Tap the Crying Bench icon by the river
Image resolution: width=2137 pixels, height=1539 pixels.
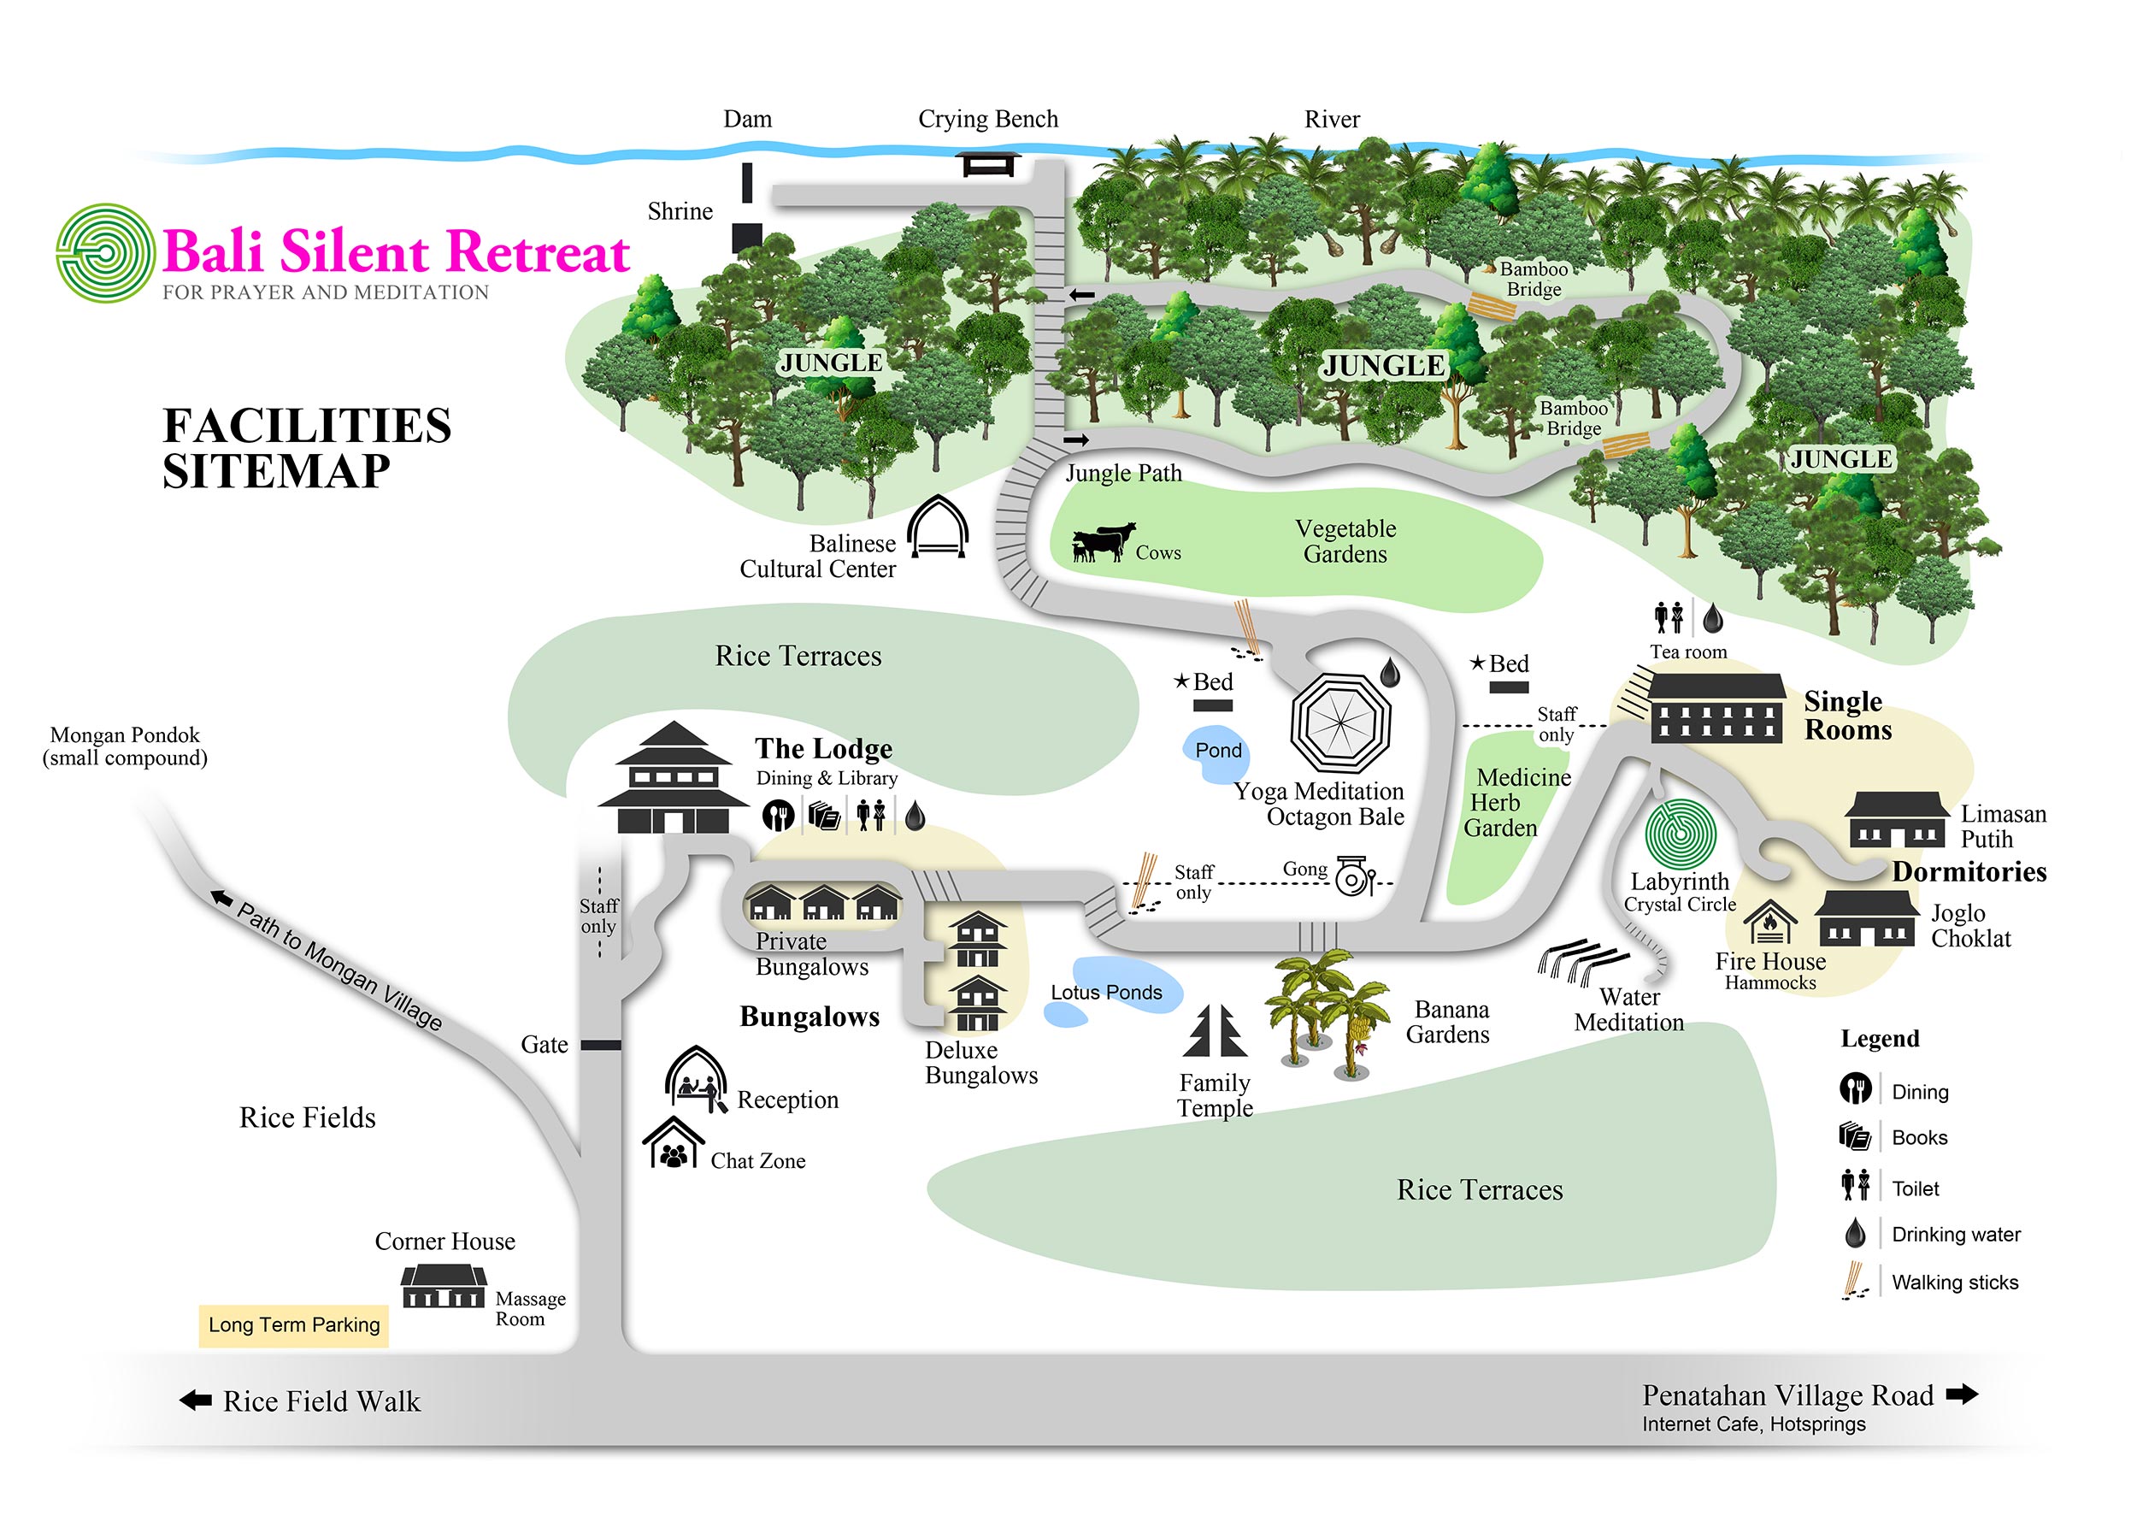coord(987,164)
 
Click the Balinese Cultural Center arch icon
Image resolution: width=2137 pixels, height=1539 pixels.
coord(938,527)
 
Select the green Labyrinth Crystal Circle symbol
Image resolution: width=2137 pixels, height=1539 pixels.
coord(1680,833)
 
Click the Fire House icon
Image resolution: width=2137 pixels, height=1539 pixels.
coord(1769,923)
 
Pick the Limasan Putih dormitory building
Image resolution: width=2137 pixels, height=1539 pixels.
coord(1897,819)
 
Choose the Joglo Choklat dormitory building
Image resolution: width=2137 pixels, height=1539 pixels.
coord(1867,918)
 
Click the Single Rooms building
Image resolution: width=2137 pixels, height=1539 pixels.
coord(1716,709)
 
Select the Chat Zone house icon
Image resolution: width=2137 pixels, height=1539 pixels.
coord(673,1142)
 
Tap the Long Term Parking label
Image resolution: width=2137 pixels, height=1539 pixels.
coord(294,1325)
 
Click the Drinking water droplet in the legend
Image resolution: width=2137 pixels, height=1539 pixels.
coord(1855,1233)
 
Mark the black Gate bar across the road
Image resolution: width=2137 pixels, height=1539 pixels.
coord(600,1045)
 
